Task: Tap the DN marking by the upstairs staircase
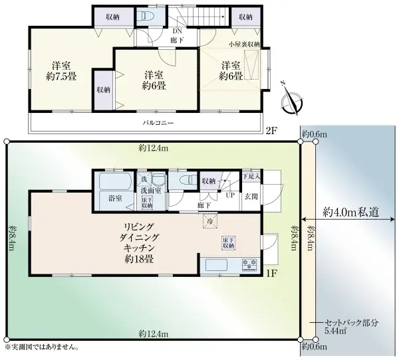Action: coord(177,31)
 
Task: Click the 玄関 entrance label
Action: coord(252,195)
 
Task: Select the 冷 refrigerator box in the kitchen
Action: coord(209,221)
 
